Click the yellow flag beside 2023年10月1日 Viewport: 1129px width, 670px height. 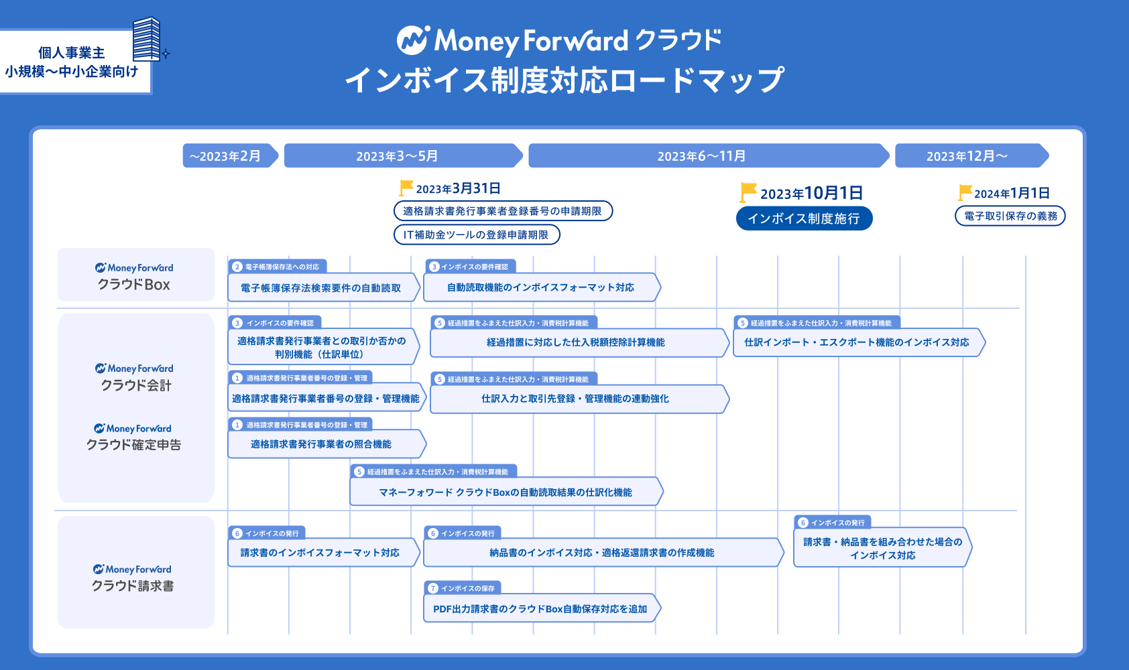(x=748, y=192)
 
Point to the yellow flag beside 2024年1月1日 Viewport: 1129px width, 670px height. (x=965, y=192)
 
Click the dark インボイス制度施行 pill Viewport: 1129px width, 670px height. (x=804, y=218)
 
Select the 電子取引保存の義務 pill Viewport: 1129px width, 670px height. (x=1010, y=216)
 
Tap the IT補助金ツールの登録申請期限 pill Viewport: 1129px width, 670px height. (x=476, y=234)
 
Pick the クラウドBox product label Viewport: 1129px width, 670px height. (x=135, y=276)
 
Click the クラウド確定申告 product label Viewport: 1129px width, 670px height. (x=134, y=437)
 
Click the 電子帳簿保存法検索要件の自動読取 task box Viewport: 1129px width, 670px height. (x=322, y=288)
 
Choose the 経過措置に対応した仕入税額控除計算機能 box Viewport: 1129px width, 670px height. (x=577, y=342)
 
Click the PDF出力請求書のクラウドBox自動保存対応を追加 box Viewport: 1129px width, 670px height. (x=540, y=609)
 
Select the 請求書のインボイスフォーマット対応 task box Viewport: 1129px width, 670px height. (x=320, y=553)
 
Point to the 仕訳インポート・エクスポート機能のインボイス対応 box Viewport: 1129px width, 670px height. (x=857, y=342)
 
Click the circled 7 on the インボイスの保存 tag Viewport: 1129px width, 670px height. (x=433, y=588)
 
